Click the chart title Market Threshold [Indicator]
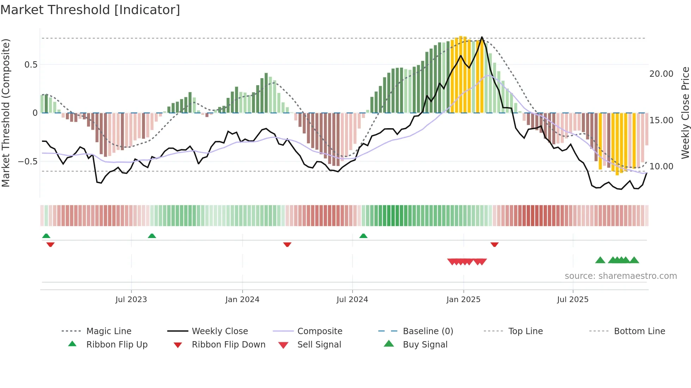tap(90, 10)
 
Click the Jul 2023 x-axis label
tap(131, 299)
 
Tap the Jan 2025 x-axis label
tap(463, 299)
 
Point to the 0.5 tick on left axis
tap(31, 64)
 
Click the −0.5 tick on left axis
tap(28, 161)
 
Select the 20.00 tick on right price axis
tap(661, 74)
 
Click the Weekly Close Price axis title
tap(685, 113)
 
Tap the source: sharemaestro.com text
tap(620, 276)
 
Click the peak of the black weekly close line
tap(482, 37)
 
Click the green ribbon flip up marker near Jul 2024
tap(363, 236)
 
